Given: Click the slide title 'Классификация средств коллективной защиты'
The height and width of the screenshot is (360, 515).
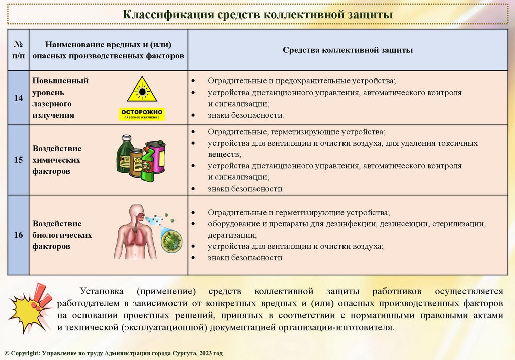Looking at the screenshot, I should (258, 14).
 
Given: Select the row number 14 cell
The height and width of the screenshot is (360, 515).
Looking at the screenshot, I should (18, 98).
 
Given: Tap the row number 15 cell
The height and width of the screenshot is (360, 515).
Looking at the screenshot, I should (18, 160).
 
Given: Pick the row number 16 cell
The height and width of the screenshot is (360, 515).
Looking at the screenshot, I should (18, 235).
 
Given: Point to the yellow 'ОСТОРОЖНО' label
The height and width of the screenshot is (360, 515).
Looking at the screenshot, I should (142, 114).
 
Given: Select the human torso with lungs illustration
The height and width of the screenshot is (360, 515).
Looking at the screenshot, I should (133, 232).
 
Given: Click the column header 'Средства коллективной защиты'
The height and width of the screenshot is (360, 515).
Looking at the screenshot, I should (348, 50).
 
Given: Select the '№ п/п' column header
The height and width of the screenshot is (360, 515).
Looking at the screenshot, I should (18, 50).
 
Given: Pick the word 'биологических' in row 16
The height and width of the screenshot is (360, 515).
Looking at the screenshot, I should (62, 235).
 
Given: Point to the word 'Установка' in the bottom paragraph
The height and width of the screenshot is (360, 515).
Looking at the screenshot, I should (100, 291).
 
